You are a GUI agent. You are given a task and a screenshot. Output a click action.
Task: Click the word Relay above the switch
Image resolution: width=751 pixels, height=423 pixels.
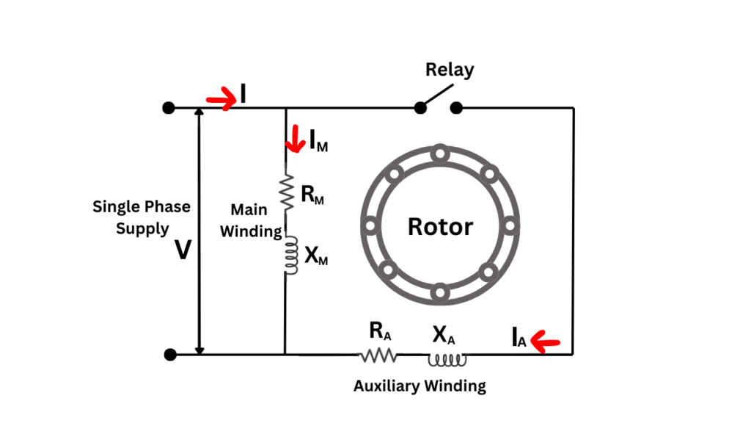click(450, 70)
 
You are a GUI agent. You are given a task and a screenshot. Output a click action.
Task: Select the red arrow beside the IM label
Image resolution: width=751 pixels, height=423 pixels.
click(296, 139)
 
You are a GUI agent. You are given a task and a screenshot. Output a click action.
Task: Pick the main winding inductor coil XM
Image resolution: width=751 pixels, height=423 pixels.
click(290, 255)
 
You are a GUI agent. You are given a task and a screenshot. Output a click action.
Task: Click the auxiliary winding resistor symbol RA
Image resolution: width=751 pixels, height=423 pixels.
click(378, 355)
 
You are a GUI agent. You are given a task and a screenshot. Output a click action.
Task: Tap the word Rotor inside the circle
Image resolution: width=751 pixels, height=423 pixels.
click(440, 226)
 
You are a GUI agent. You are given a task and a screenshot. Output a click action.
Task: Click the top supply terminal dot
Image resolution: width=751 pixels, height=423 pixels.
click(169, 108)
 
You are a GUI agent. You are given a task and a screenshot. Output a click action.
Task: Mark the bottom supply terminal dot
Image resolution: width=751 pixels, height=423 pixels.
click(170, 355)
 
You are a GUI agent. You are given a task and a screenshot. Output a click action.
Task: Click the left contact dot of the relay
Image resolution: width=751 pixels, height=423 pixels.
click(420, 108)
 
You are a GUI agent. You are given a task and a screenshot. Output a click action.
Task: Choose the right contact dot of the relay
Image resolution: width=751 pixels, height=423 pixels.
click(456, 108)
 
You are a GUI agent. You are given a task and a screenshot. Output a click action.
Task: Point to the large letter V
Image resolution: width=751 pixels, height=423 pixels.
click(183, 252)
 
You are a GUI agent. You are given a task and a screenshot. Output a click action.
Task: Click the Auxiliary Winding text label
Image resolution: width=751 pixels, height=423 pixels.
click(420, 386)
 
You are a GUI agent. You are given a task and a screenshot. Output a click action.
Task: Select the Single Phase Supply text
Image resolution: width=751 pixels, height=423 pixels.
click(141, 217)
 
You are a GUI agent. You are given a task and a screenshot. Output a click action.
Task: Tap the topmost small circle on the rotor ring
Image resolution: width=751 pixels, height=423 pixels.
click(439, 154)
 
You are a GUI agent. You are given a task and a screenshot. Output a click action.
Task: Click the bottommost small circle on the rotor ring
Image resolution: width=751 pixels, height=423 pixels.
click(439, 294)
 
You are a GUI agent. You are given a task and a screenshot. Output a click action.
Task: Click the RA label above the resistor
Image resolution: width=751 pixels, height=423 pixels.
click(380, 333)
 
